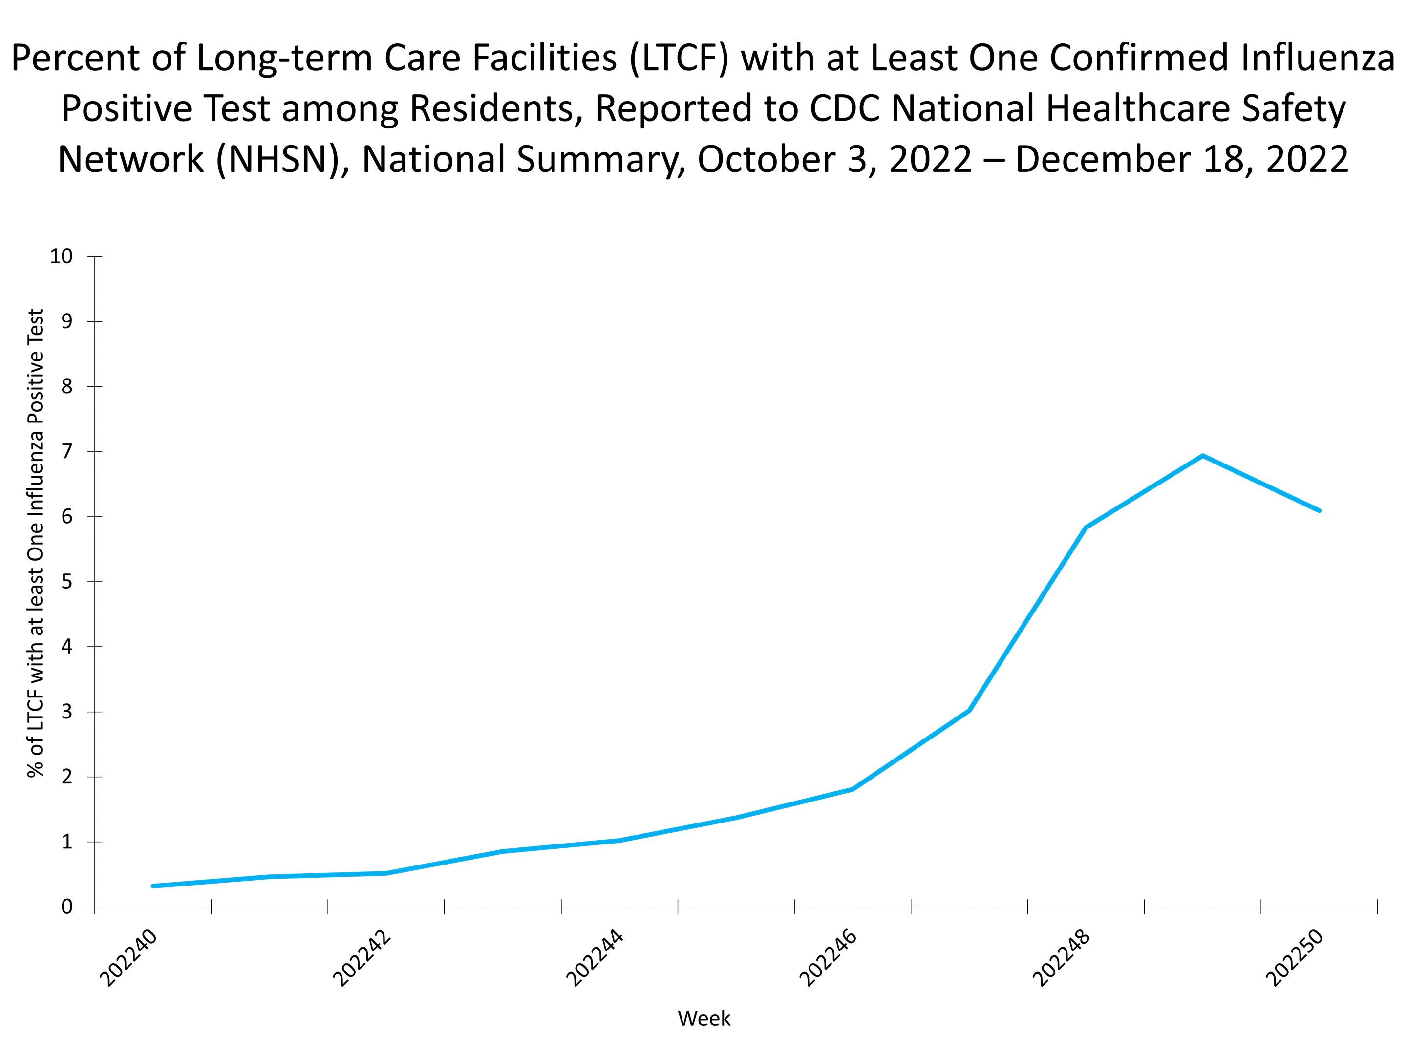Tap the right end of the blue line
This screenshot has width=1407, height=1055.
click(1319, 510)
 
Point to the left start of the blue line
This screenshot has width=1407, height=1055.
click(153, 886)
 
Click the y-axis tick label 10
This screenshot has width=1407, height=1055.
click(62, 256)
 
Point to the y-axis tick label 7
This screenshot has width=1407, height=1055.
click(67, 451)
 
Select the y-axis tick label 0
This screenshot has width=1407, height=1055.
click(67, 907)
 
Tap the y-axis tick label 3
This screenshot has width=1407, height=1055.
click(67, 712)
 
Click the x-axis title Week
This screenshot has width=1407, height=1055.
click(704, 1018)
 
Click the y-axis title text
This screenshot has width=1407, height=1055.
click(36, 543)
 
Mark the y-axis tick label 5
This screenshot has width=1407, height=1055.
click(67, 582)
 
